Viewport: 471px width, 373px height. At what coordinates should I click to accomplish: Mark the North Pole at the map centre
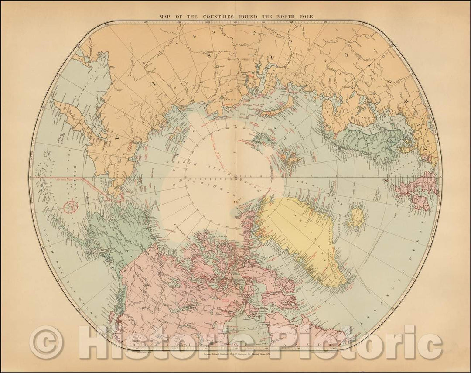[x=235, y=178]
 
